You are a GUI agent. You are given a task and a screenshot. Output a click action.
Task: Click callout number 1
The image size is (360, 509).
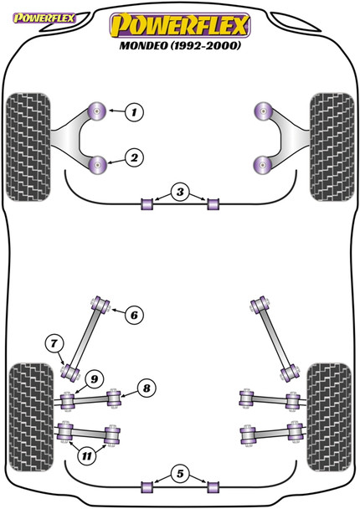(135, 111)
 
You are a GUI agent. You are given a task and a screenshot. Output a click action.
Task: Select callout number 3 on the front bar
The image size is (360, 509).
(178, 193)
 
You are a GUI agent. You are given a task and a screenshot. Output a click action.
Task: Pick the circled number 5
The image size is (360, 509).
(178, 475)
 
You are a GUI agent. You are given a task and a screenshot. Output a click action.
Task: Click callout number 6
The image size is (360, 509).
(134, 315)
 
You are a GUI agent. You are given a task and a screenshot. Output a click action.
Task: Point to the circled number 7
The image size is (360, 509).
(54, 342)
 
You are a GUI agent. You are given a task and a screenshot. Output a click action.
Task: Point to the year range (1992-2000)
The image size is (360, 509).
(210, 46)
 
